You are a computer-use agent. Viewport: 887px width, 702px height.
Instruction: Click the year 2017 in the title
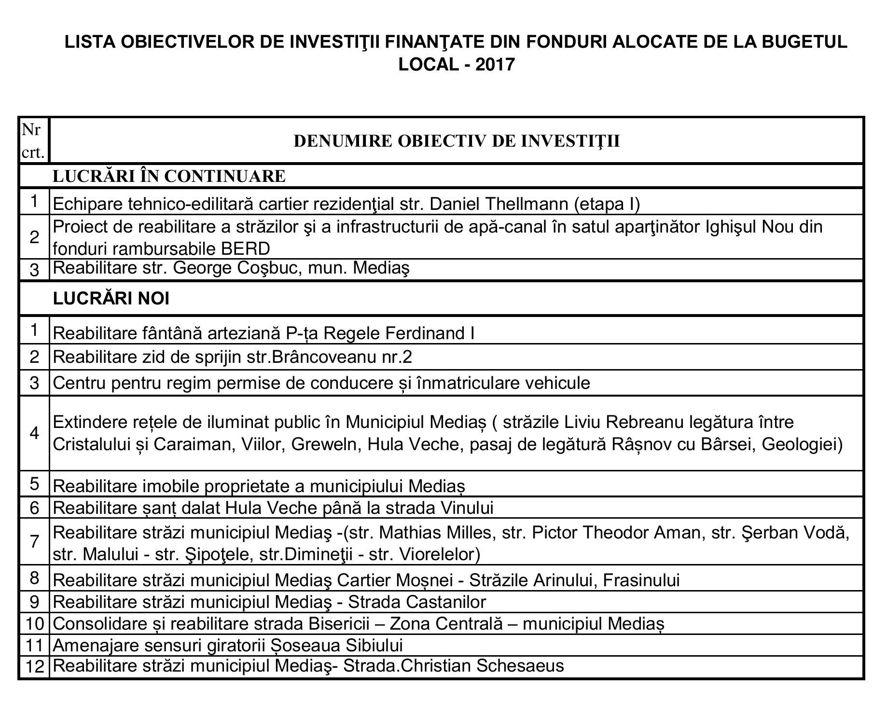(x=496, y=64)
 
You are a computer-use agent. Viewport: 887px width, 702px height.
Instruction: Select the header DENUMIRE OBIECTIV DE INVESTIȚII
(x=457, y=141)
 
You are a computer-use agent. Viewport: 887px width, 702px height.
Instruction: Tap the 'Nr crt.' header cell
(x=33, y=141)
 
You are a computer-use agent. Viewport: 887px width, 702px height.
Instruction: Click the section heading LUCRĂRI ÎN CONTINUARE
(x=169, y=177)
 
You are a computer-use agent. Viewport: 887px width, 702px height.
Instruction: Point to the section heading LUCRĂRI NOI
(x=111, y=299)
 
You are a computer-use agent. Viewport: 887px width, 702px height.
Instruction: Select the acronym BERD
(x=245, y=248)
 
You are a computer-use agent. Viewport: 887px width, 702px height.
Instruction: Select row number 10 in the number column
(x=34, y=624)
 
